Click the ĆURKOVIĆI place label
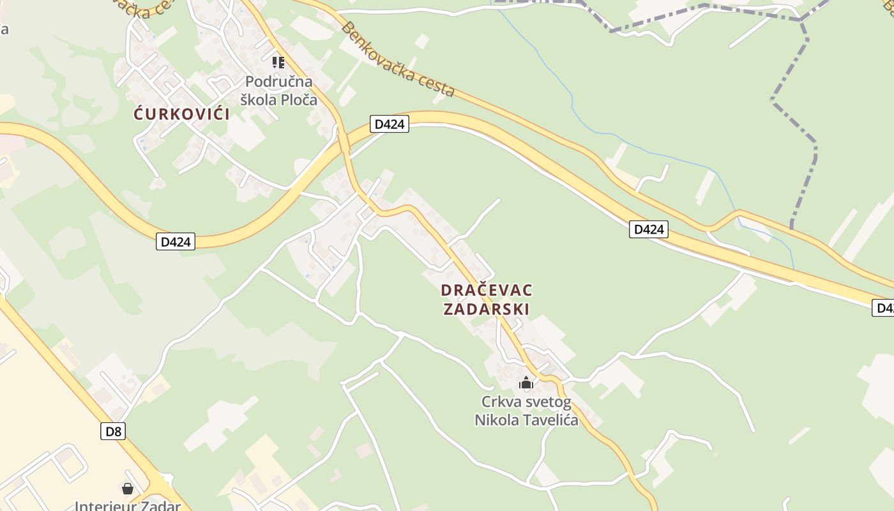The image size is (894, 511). tap(182, 114)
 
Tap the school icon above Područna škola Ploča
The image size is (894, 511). tap(278, 63)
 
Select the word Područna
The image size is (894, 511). tap(279, 82)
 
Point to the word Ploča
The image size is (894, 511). tap(299, 100)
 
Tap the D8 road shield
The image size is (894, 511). tap(113, 431)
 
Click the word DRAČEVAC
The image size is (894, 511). tap(487, 290)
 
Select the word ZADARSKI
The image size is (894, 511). tap(487, 309)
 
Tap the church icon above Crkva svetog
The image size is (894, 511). tap(526, 383)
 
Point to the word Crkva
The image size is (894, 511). tap(500, 402)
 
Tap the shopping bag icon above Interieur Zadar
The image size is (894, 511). tap(128, 489)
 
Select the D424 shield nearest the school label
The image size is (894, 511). tap(389, 124)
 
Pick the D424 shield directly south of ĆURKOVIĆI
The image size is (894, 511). tap(176, 241)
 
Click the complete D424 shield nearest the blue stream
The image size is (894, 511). tap(649, 229)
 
